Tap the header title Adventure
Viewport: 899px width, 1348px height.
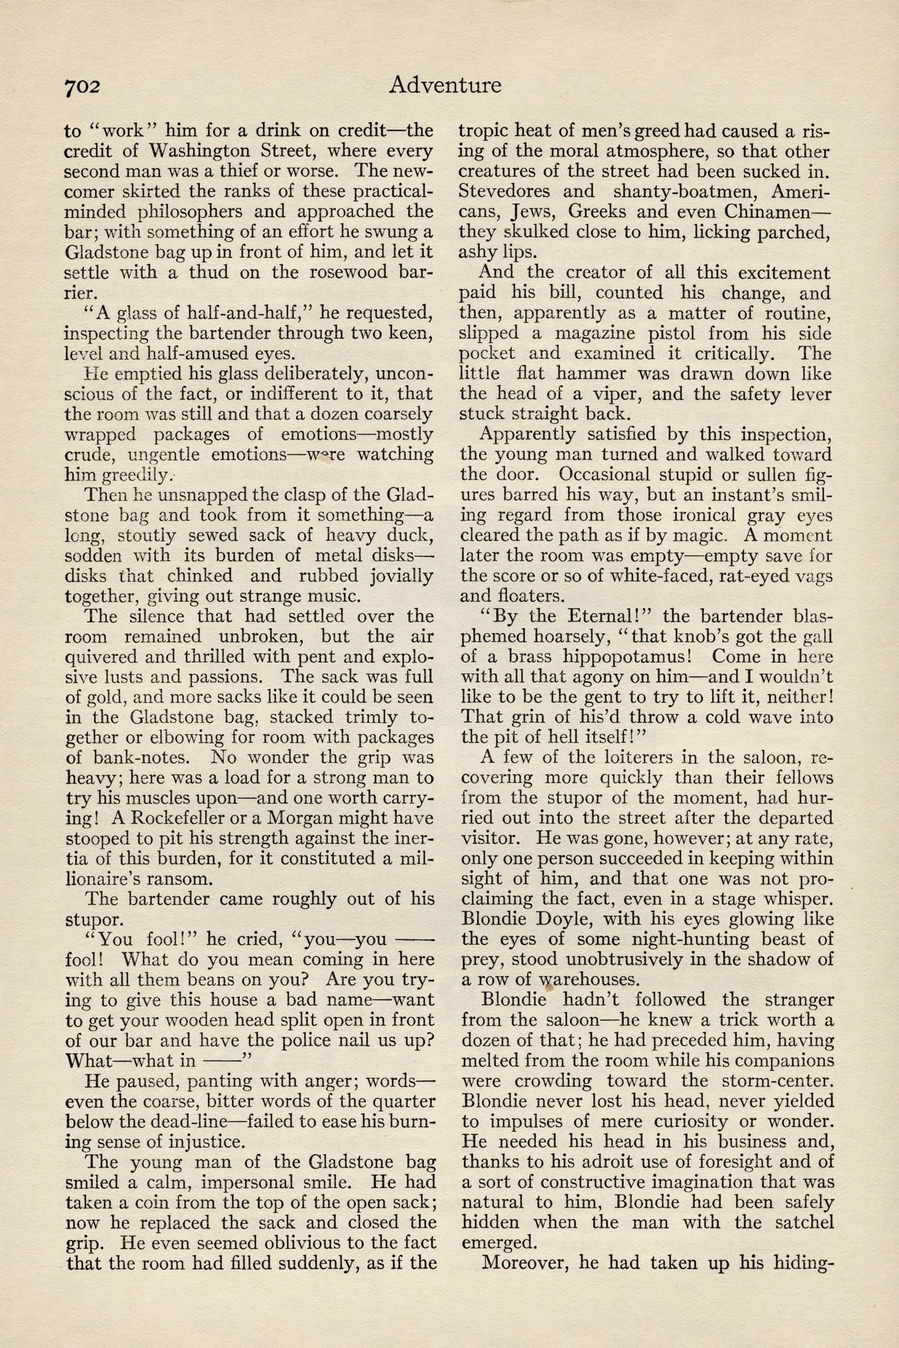click(445, 85)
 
